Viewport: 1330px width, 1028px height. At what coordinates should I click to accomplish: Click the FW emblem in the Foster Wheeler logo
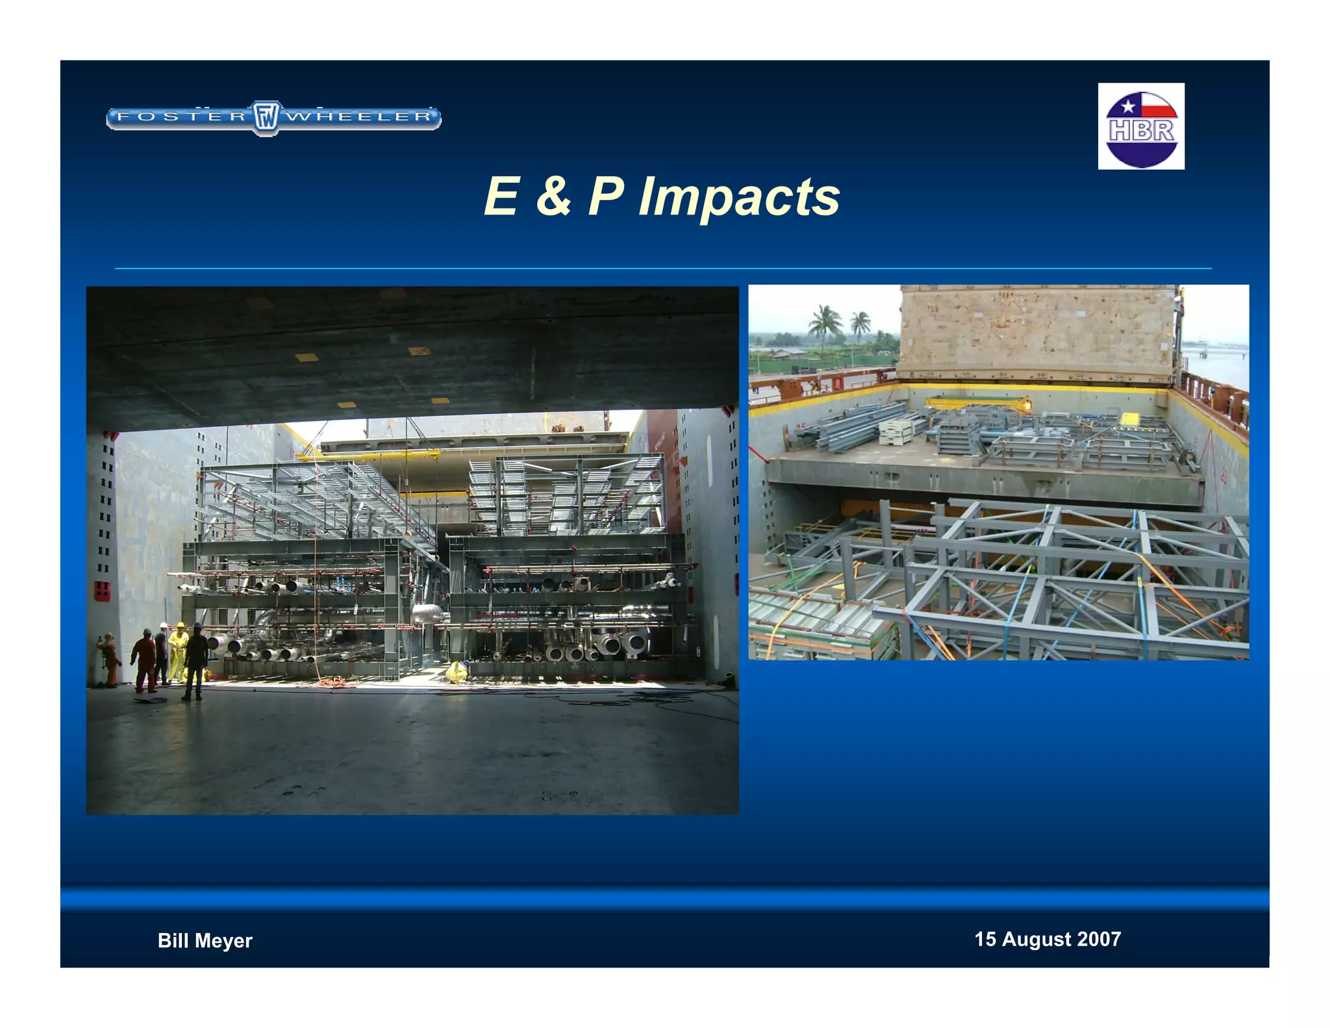pos(266,118)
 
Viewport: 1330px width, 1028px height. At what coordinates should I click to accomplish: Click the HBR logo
pos(1141,127)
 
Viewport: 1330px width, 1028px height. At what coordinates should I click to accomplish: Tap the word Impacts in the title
pos(739,197)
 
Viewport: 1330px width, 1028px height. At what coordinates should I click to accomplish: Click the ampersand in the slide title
pos(553,197)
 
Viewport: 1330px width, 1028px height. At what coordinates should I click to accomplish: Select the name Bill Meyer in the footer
pos(205,940)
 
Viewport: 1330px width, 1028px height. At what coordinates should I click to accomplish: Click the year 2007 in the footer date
pos(1099,939)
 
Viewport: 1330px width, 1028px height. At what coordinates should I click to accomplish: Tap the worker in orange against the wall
pos(110,660)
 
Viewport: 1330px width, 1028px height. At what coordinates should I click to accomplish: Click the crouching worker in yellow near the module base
pos(457,672)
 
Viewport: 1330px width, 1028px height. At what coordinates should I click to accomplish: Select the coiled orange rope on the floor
pos(336,682)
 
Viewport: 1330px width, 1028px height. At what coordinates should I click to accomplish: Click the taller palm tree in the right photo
pos(825,325)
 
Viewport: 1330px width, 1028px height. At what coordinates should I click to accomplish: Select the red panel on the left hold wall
pos(102,591)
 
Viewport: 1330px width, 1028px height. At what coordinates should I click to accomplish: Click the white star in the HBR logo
pos(1128,106)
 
